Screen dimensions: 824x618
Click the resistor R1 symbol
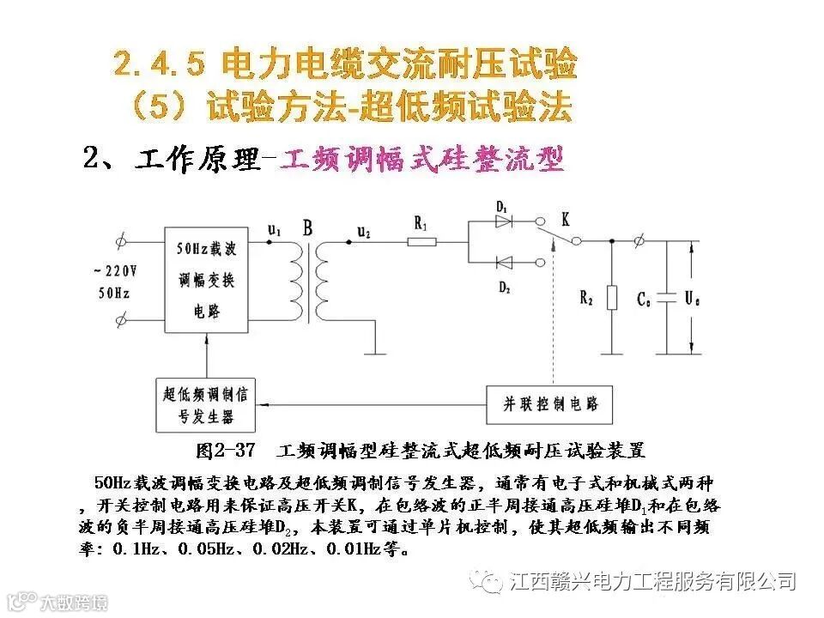coord(421,242)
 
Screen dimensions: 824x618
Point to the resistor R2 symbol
coord(611,297)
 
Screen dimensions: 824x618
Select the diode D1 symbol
coord(504,221)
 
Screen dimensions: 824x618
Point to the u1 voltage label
coord(274,229)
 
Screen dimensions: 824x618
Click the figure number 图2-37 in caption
coord(227,449)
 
